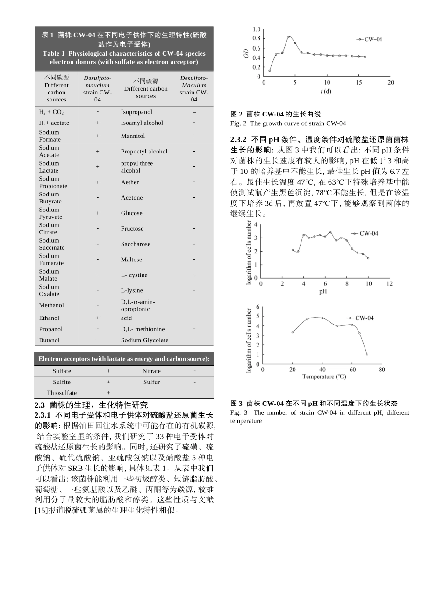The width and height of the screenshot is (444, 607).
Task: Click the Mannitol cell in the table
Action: (133, 136)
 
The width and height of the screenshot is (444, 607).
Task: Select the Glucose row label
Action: (131, 213)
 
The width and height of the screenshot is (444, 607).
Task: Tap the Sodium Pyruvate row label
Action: (50, 213)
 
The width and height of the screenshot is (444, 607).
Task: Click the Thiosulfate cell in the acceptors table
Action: (62, 393)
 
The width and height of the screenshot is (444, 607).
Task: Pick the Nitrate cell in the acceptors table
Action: (151, 371)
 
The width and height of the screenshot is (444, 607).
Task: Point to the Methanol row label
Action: (51, 305)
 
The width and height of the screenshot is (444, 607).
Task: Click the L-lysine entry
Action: (132, 290)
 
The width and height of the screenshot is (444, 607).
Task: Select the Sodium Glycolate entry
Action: (144, 340)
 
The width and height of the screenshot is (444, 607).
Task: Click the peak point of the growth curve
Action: (289, 36)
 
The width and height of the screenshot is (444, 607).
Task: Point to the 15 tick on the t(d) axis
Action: (359, 83)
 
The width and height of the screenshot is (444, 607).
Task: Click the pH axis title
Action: (323, 291)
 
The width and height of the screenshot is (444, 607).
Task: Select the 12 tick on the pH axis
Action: (390, 284)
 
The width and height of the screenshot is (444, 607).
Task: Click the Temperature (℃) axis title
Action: (324, 376)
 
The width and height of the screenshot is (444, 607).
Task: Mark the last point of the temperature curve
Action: (367, 354)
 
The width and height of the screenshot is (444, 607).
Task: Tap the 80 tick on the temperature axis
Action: (382, 369)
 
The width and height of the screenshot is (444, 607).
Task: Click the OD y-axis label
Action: (246, 53)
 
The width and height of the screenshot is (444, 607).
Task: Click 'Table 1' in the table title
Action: (54, 53)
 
